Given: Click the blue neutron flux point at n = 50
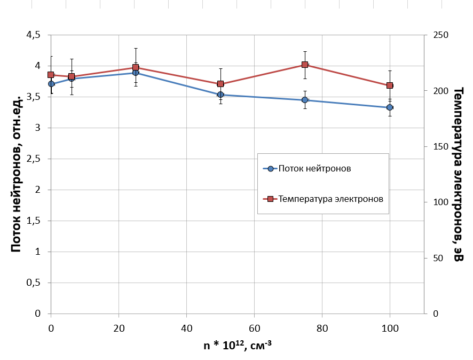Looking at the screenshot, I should [x=220, y=95].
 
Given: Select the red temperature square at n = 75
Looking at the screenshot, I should [x=305, y=65].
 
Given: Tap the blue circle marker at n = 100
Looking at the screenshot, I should [x=390, y=107].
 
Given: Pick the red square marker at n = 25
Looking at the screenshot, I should [x=136, y=68].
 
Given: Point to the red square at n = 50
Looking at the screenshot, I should [x=220, y=84].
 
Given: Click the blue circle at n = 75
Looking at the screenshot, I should [x=305, y=100].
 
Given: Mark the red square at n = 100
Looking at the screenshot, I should [x=390, y=85].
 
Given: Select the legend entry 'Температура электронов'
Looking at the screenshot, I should [x=331, y=199].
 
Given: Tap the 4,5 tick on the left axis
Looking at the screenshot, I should [x=33, y=35].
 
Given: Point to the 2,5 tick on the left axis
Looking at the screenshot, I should [x=33, y=159].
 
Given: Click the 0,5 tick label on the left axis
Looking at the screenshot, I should [x=33, y=283].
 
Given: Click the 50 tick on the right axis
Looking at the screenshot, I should [x=439, y=258].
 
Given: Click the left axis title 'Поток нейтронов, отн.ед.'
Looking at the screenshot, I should [x=16, y=174].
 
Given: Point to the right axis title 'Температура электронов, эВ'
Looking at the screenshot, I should [x=458, y=174].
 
